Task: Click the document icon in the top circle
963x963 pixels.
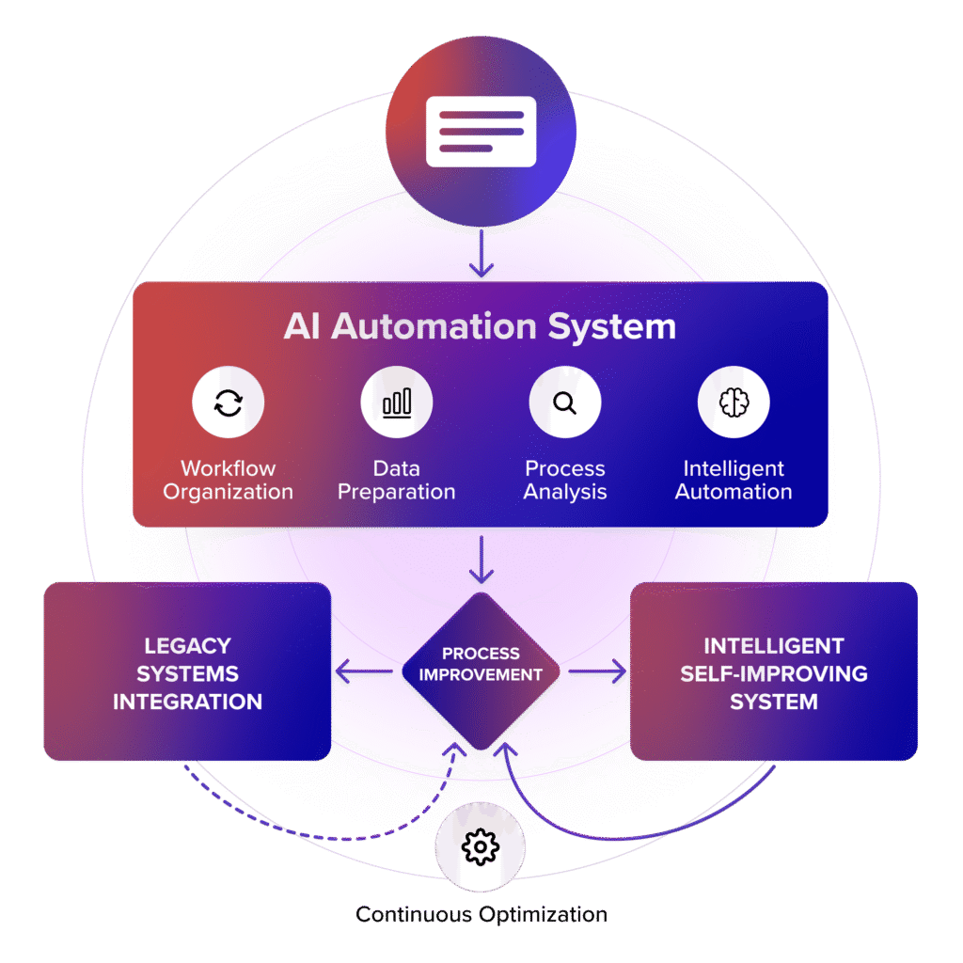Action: coord(481,131)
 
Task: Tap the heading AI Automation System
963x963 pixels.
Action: coord(480,326)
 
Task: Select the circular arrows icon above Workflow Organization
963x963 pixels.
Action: coord(228,403)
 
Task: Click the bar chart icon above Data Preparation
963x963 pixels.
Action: coord(396,403)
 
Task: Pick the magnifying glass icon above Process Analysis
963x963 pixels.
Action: coord(564,403)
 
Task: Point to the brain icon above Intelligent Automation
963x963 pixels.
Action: coord(733,403)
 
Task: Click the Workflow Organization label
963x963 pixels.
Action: coord(228,480)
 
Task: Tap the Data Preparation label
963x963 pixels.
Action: coord(396,480)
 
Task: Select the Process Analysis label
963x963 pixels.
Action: coord(564,480)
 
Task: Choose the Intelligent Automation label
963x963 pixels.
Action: coord(733,480)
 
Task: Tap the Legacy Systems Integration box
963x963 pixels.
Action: coord(188,673)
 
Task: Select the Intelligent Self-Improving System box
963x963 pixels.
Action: coord(773,673)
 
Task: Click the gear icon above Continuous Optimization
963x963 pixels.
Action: coord(481,847)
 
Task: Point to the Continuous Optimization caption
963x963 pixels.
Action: coord(481,914)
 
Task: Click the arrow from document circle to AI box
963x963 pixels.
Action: coord(481,256)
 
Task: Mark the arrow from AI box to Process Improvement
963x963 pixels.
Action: coord(481,561)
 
